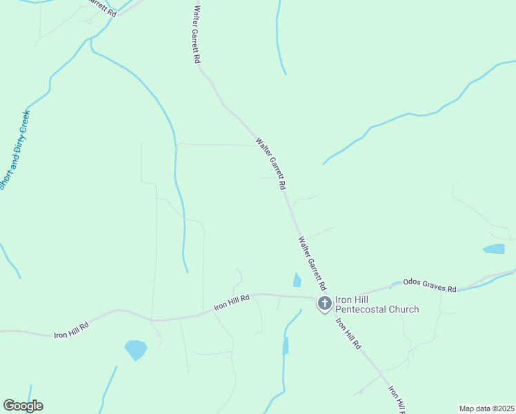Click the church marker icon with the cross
tap(324, 304)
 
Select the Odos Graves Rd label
tap(430, 283)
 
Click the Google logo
tap(23, 406)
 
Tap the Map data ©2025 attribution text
tap(486, 408)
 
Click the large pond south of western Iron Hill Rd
tap(135, 350)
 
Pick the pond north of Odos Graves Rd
tap(494, 249)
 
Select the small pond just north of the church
tap(297, 279)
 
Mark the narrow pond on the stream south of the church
tap(286, 346)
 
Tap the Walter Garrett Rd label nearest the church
tap(312, 264)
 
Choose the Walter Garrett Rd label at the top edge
tap(197, 34)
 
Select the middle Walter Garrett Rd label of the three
tap(271, 164)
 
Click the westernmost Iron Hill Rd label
tap(72, 330)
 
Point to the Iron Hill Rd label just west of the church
tap(231, 300)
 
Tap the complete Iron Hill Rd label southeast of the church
tap(348, 333)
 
